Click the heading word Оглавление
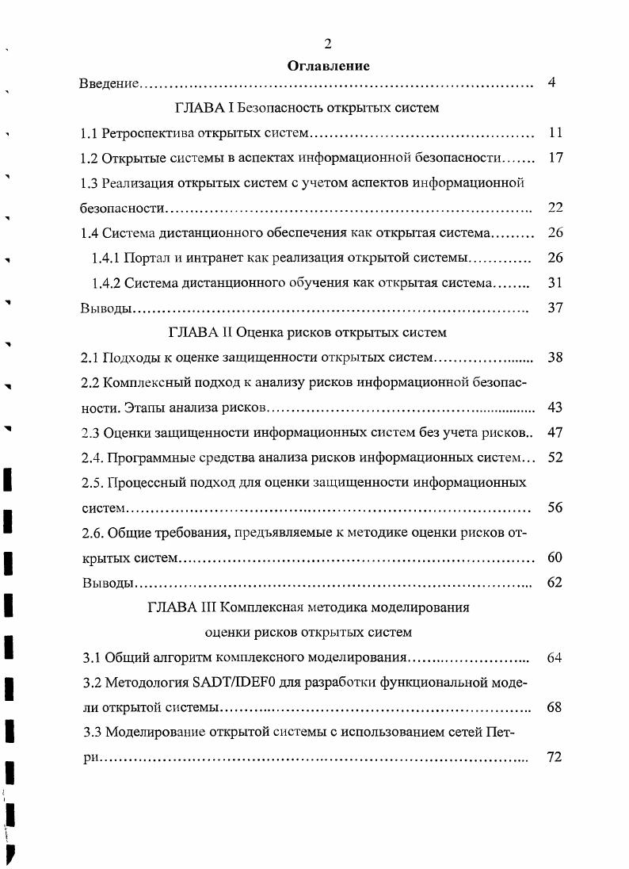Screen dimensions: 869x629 (328, 67)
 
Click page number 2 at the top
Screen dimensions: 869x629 (328, 44)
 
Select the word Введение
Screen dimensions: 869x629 (109, 83)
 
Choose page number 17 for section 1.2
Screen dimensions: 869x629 (555, 157)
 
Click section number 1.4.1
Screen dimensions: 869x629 (106, 258)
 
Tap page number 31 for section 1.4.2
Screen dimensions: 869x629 (555, 283)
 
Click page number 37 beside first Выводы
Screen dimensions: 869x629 (555, 308)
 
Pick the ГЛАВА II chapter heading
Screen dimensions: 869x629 (308, 332)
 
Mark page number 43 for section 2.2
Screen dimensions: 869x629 (555, 408)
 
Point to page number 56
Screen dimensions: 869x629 (555, 507)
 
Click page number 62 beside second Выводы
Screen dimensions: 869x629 (555, 583)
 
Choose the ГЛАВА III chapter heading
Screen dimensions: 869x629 (308, 608)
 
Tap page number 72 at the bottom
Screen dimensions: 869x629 (555, 757)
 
